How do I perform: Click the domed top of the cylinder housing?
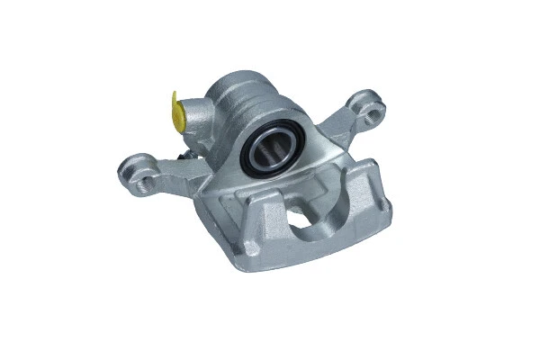[236, 90]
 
